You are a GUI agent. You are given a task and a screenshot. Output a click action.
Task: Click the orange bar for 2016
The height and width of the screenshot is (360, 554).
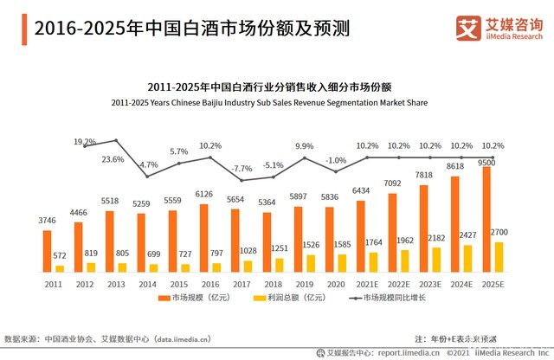203,237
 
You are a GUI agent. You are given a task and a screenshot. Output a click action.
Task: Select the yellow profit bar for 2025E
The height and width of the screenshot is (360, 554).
497,256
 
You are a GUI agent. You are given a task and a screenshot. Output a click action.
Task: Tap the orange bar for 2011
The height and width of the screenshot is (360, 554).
47,250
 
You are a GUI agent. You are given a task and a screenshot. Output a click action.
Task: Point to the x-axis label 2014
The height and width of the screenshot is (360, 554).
147,282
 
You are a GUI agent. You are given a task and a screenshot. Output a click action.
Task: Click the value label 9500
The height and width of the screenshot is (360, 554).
486,162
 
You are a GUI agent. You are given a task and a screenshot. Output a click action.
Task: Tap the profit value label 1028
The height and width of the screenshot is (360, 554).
248,250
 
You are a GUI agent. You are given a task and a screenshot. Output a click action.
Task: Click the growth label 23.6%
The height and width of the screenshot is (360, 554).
113,159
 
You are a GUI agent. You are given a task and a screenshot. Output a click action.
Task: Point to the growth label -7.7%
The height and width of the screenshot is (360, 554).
242,168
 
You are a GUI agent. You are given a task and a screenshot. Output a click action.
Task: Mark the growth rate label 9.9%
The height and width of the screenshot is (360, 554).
304,146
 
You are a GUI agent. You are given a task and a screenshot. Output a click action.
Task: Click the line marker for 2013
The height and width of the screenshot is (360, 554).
116,140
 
